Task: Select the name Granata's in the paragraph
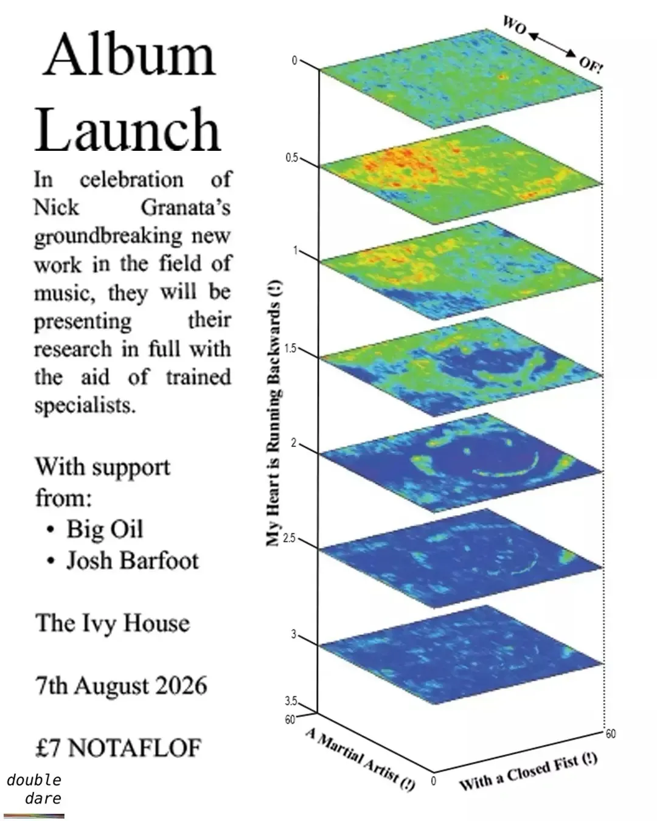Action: (x=186, y=208)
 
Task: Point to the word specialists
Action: (x=85, y=406)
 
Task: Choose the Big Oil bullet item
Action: (x=105, y=529)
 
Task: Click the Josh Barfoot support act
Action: (x=133, y=561)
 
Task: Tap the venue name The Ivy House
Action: (x=112, y=623)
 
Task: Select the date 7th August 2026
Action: (x=121, y=685)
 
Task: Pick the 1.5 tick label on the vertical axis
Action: (x=290, y=348)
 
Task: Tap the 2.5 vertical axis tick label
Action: (x=290, y=538)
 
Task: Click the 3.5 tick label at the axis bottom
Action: (x=290, y=701)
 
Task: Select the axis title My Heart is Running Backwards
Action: (x=274, y=413)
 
